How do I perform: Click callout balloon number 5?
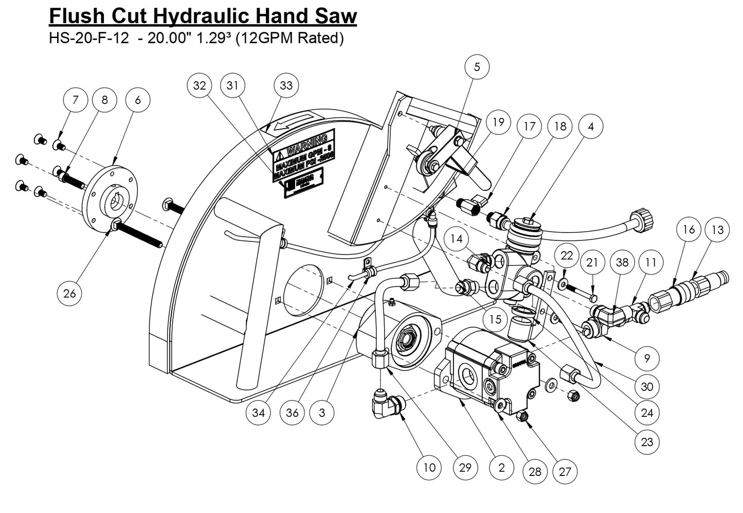(x=477, y=67)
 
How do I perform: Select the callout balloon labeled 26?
(x=69, y=293)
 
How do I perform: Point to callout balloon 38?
(x=622, y=262)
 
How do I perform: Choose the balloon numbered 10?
(x=429, y=467)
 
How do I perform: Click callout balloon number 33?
(x=286, y=85)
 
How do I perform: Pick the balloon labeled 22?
(x=567, y=256)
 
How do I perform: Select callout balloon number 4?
(x=591, y=126)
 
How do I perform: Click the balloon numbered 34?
(x=258, y=413)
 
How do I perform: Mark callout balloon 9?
(x=647, y=358)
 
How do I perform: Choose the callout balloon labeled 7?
(x=76, y=99)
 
